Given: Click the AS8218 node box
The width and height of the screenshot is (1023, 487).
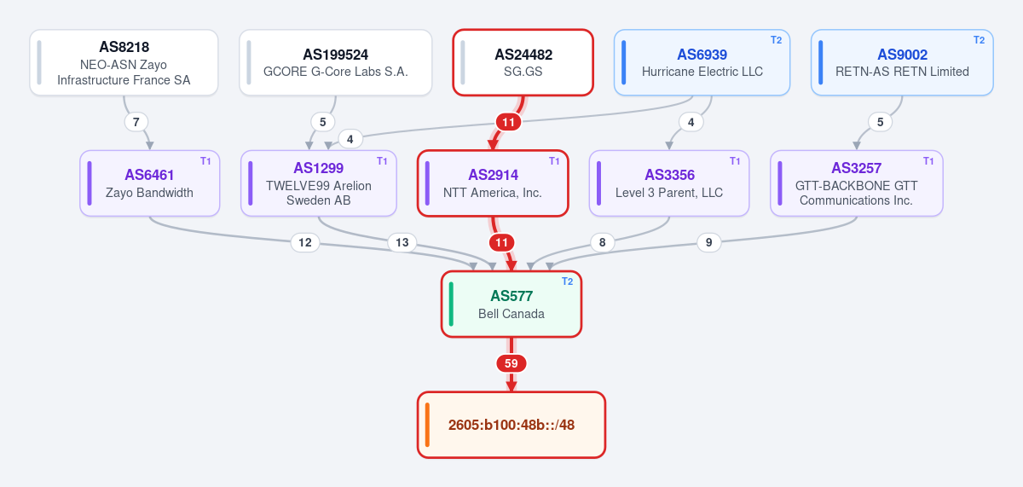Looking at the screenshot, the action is click(x=124, y=62).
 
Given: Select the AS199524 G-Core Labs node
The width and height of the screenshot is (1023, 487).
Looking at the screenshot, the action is click(x=336, y=62).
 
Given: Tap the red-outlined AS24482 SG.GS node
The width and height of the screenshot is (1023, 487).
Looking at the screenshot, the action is click(x=523, y=62).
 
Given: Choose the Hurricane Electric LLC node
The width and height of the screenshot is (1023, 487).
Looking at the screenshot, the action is click(x=702, y=62).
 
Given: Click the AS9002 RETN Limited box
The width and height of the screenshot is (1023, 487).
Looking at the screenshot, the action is click(x=902, y=62).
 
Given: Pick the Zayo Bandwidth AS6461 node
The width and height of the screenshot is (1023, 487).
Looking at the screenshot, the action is click(x=150, y=183).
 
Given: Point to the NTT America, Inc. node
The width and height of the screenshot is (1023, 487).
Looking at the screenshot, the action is click(x=493, y=183).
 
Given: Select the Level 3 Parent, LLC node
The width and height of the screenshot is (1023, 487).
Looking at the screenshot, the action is click(x=669, y=183).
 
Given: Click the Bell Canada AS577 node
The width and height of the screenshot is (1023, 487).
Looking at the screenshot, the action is click(x=511, y=304).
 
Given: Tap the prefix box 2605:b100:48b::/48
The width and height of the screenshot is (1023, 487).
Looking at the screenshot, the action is click(x=511, y=425).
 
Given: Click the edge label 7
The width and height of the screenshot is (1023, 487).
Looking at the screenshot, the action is click(x=136, y=122).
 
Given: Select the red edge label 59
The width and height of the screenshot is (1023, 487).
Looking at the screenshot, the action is click(x=511, y=363).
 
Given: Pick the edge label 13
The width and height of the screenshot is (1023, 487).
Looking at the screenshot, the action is click(x=402, y=242).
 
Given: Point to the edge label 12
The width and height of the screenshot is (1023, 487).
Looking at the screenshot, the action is click(x=305, y=242).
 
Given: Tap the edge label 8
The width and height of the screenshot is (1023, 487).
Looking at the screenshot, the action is click(x=603, y=242).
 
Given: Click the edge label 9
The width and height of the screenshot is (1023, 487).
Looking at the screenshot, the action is click(x=708, y=242).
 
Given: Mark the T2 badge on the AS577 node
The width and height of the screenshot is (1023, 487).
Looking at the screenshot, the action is click(x=567, y=281).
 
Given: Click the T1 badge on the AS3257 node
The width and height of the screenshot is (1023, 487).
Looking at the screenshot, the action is click(x=928, y=161).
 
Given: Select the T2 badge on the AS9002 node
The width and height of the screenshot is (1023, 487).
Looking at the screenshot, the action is click(x=980, y=40).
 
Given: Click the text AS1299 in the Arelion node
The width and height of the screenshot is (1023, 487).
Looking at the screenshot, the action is click(x=318, y=168).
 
